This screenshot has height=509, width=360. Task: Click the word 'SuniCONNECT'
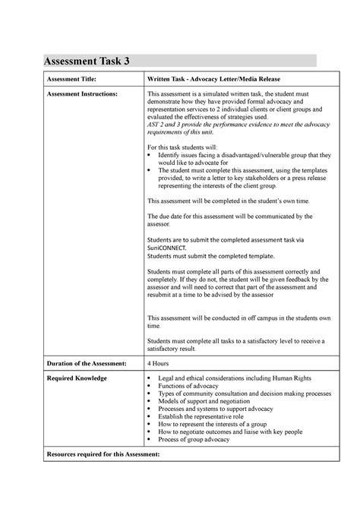166,247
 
